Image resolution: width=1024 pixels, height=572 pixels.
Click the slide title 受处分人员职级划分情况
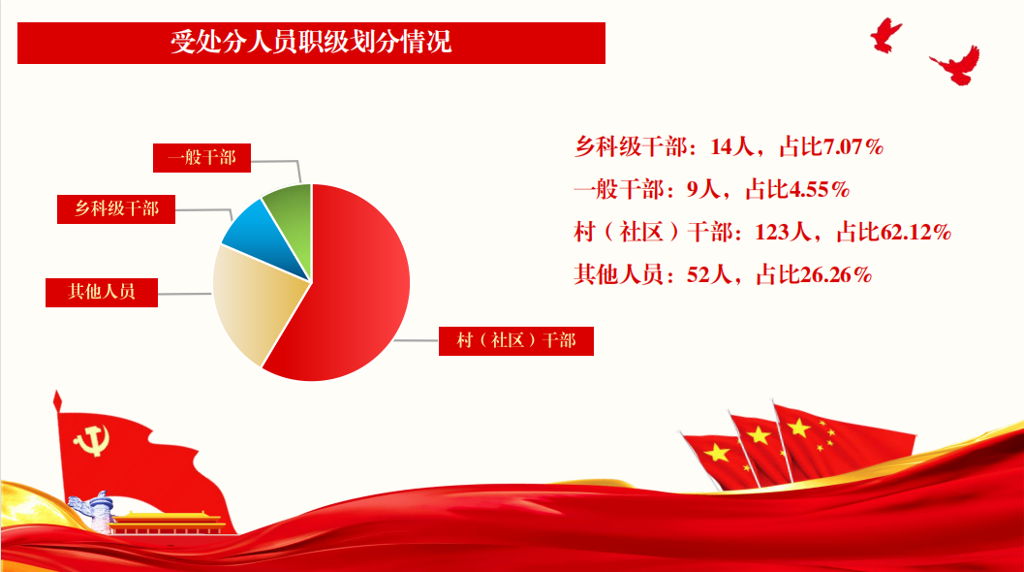click(x=311, y=42)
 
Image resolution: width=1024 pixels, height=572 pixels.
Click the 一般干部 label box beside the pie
click(x=202, y=158)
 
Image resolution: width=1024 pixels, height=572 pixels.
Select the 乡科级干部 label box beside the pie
click(x=116, y=209)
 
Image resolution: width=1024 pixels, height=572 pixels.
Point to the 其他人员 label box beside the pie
click(x=101, y=292)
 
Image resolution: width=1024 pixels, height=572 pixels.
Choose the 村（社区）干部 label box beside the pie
click(x=516, y=340)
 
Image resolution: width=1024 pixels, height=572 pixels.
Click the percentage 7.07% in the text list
click(x=853, y=146)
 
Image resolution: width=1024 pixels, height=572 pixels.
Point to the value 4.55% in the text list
click(x=819, y=190)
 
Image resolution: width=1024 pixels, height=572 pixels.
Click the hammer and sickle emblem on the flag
click(x=92, y=440)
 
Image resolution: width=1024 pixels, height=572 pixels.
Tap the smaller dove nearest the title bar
click(x=885, y=35)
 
